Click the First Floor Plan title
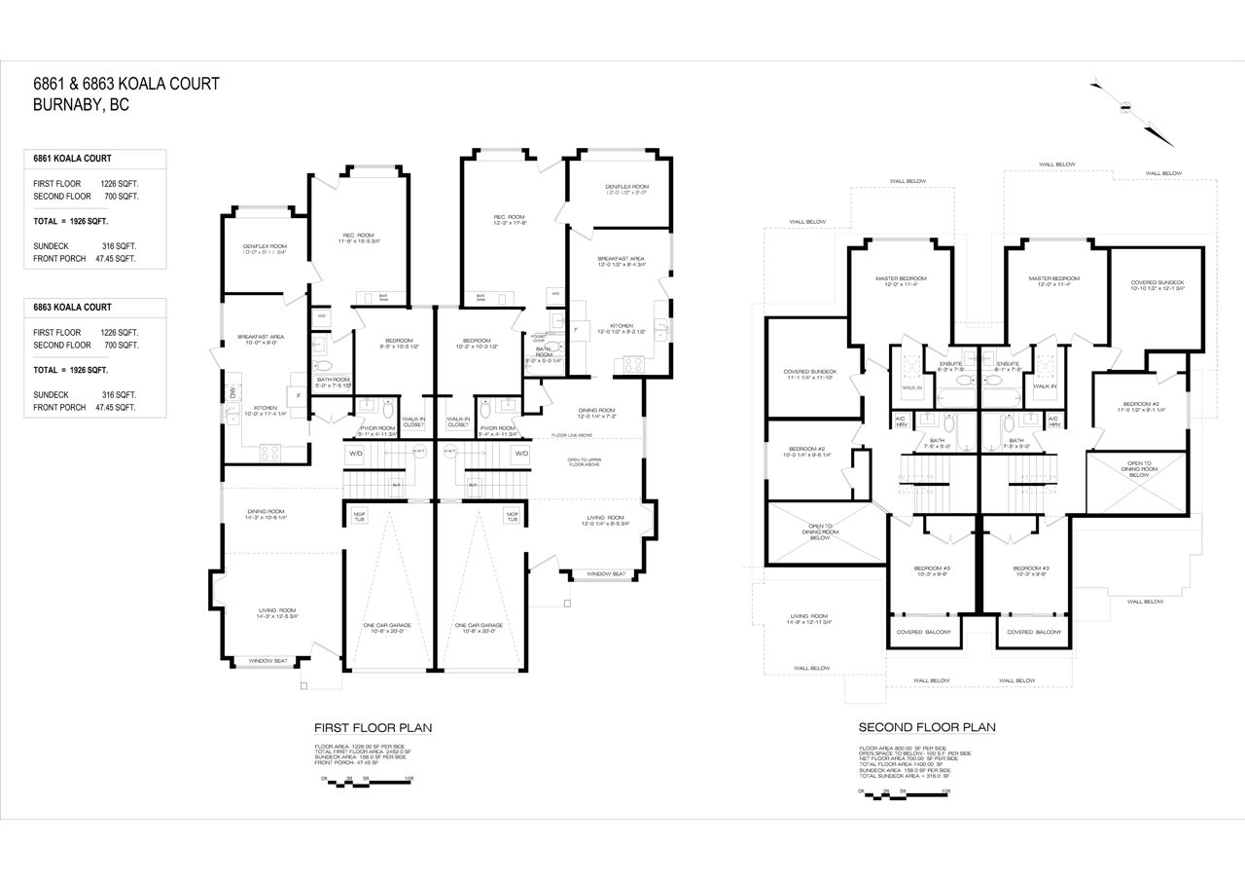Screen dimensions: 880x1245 tap(373, 727)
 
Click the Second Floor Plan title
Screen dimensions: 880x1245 tap(926, 727)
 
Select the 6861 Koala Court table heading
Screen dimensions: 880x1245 tap(72, 158)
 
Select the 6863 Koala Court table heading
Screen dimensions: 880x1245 tap(72, 307)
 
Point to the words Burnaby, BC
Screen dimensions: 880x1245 tap(81, 105)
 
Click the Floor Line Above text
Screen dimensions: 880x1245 tap(573, 435)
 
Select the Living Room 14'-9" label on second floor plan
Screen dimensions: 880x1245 tap(809, 619)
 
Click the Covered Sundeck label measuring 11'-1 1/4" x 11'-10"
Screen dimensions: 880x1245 tap(810, 375)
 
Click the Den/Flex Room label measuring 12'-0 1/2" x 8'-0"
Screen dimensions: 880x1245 tap(625, 190)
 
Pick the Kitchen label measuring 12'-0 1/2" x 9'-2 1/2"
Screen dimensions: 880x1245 tap(622, 329)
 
